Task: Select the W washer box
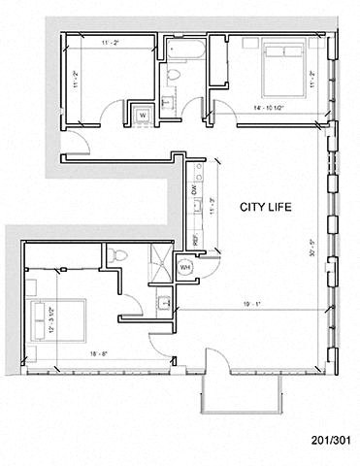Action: (143, 114)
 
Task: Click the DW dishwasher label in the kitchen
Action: (194, 192)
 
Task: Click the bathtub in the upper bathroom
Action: (183, 49)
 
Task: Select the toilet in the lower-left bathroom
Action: (117, 255)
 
